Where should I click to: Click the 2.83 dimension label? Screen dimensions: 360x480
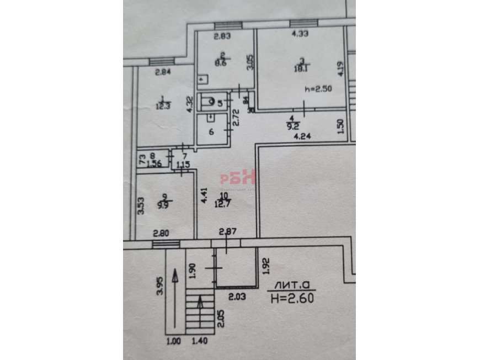tap(222, 37)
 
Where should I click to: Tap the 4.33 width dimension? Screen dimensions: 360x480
tap(300, 34)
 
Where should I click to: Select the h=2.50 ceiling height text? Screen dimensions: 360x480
tap(318, 89)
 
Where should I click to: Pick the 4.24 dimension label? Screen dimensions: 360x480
tap(300, 136)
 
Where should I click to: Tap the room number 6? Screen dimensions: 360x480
tap(211, 131)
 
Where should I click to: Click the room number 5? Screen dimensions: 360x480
tap(220, 102)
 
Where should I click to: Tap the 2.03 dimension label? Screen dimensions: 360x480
tap(236, 297)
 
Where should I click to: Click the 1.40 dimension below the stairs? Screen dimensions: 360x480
tap(199, 341)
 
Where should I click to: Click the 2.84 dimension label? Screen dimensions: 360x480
tap(163, 72)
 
